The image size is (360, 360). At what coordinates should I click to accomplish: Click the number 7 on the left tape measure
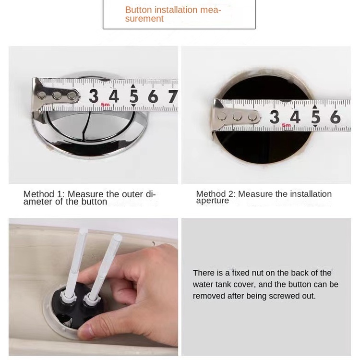tap(173, 96)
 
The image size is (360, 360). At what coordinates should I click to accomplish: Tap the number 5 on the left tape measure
tap(134, 96)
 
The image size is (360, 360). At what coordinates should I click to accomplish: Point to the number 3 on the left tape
tap(94, 96)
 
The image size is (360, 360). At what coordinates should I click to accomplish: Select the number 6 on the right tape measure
tap(336, 117)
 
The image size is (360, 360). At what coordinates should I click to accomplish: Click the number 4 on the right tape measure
tap(295, 117)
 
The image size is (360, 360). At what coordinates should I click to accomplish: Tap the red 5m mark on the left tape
tap(106, 105)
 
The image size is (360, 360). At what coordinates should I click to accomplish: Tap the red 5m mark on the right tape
tap(286, 125)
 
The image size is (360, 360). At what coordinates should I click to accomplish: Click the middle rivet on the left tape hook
tap(57, 96)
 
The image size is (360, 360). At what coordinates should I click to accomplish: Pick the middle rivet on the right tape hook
tap(237, 117)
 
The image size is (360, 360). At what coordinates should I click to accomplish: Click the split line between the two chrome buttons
tap(85, 126)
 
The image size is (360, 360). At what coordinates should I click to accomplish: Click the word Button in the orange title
tap(138, 10)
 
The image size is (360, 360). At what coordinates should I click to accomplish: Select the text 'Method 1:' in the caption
tap(44, 194)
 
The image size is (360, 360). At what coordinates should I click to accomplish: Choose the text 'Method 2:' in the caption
tap(216, 194)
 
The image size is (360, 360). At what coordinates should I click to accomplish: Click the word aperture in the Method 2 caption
tap(212, 201)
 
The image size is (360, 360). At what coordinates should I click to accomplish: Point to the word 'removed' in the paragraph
tap(208, 296)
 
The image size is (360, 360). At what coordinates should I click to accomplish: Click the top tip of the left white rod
tap(84, 229)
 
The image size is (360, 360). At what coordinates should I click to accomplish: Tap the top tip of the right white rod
tap(118, 236)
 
